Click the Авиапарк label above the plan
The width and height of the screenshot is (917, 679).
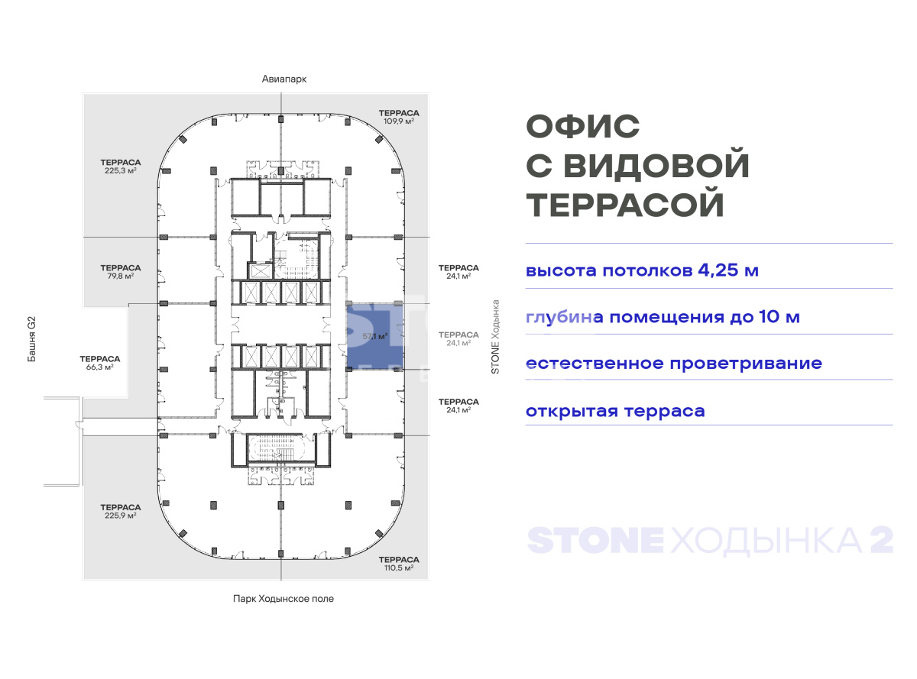pyautogui.click(x=284, y=79)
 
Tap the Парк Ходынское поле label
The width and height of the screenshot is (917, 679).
pyautogui.click(x=284, y=599)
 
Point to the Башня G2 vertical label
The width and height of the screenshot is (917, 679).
pyautogui.click(x=32, y=339)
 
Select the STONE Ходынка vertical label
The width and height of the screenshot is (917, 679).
pyautogui.click(x=495, y=337)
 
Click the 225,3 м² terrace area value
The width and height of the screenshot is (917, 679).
pyautogui.click(x=120, y=170)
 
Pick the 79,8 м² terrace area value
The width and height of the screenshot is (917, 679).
pyautogui.click(x=120, y=276)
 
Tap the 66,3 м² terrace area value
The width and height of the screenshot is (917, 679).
pyautogui.click(x=99, y=367)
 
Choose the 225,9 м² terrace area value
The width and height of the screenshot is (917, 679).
pyautogui.click(x=120, y=516)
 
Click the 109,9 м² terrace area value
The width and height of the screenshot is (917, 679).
pyautogui.click(x=399, y=121)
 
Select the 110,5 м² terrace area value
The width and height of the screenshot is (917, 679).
pyautogui.click(x=399, y=567)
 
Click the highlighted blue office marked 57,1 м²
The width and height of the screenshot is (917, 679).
pyautogui.click(x=374, y=336)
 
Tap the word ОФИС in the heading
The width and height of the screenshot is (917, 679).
pyautogui.click(x=583, y=126)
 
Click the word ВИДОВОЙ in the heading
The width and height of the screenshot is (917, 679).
pyautogui.click(x=656, y=165)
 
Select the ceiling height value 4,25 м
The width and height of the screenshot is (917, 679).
pyautogui.click(x=728, y=270)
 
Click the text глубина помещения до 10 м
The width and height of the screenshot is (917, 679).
pyautogui.click(x=663, y=317)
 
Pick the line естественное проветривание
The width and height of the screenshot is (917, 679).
pyautogui.click(x=674, y=364)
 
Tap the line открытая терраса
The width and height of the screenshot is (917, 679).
pyautogui.click(x=615, y=411)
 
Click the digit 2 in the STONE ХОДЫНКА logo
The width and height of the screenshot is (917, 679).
pyautogui.click(x=882, y=539)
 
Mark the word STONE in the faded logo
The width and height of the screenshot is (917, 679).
pyautogui.click(x=595, y=540)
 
